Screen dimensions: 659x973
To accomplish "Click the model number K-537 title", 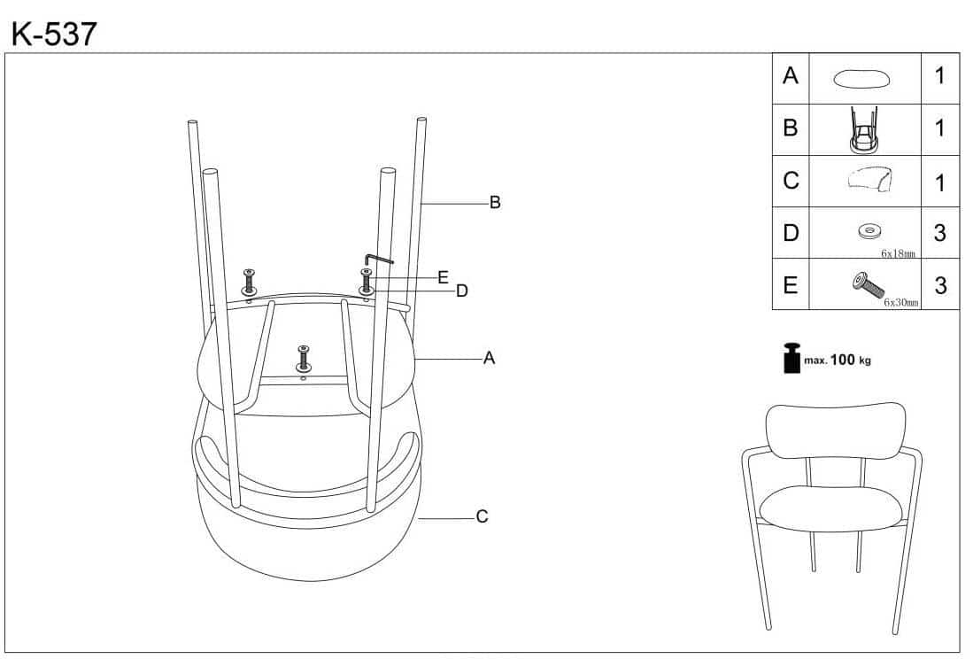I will tap(53, 33).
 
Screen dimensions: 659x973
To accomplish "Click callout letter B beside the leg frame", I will tap(495, 203).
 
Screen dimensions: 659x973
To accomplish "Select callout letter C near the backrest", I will tap(482, 516).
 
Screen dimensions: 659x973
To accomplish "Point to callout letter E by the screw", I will tap(443, 276).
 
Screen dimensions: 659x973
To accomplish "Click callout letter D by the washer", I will tap(461, 290).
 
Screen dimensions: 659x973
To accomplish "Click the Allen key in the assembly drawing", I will tap(377, 259).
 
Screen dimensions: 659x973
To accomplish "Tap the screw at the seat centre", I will tap(304, 356).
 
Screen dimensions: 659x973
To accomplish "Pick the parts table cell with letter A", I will tap(791, 76).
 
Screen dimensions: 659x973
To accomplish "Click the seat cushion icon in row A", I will tap(861, 78).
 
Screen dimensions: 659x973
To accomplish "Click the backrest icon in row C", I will tap(868, 180).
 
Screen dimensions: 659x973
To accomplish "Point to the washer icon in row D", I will tap(868, 232).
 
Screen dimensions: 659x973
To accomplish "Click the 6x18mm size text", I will tap(897, 253).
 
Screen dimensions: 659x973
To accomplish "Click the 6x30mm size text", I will tap(900, 302).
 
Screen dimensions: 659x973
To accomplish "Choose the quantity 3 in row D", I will tap(939, 233).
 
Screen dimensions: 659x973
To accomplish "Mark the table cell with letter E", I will tap(791, 285).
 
